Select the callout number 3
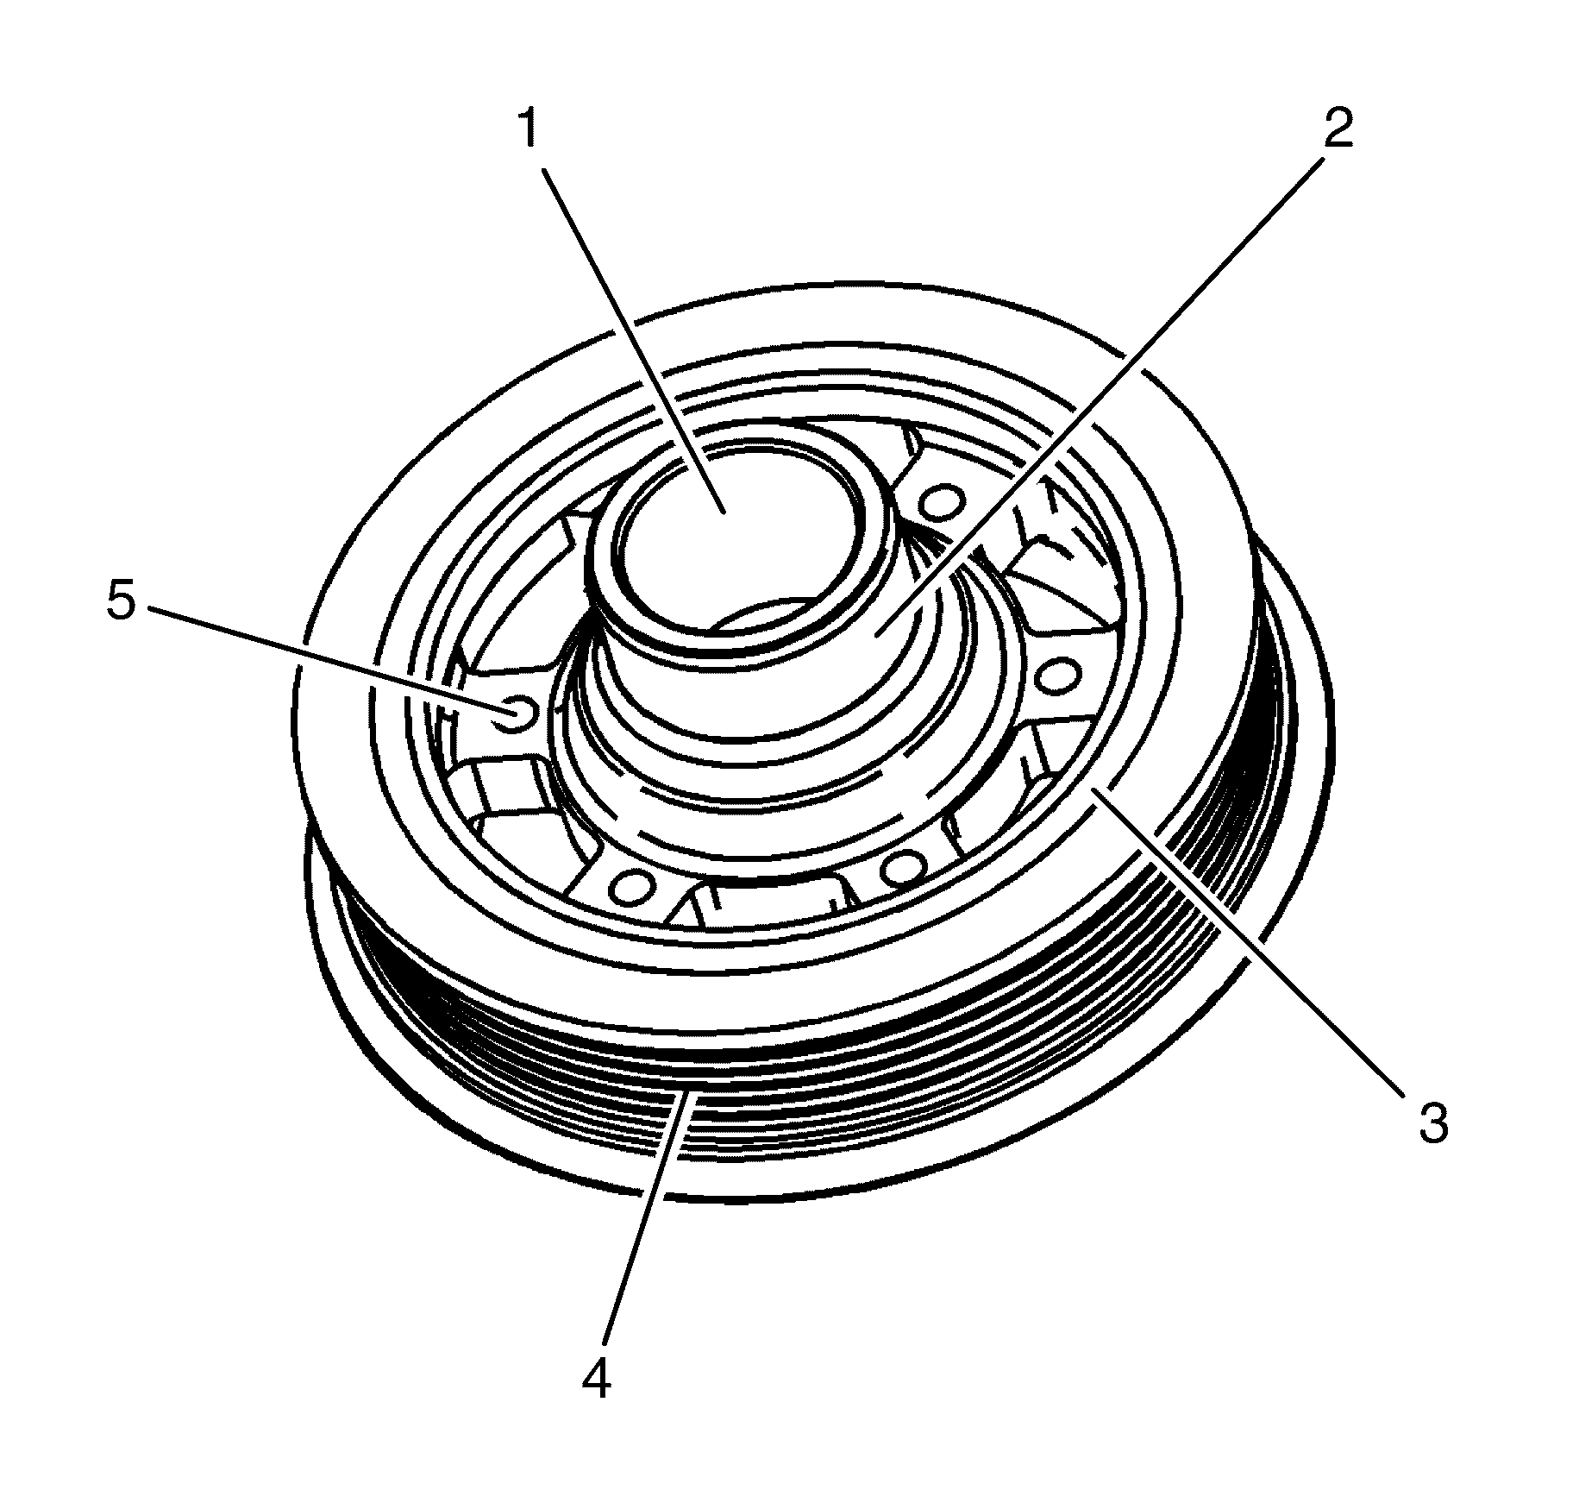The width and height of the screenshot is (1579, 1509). [x=1433, y=1124]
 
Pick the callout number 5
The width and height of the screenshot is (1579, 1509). [x=122, y=601]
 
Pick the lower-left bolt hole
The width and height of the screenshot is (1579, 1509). [x=634, y=884]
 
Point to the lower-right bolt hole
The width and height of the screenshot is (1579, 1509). [x=903, y=867]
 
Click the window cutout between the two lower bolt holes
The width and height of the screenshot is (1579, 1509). [x=768, y=902]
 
